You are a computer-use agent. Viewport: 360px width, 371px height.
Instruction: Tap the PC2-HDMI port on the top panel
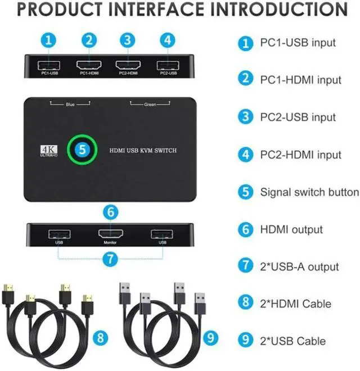tap(128, 64)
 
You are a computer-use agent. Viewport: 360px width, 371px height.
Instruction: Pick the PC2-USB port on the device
tap(166, 64)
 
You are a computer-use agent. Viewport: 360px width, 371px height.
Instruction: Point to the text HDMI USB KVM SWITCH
tap(143, 151)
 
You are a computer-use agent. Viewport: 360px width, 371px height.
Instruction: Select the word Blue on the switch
tap(70, 104)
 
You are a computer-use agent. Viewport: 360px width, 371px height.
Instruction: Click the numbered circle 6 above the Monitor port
tap(111, 212)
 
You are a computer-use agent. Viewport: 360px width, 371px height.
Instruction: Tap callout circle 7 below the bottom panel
tap(111, 259)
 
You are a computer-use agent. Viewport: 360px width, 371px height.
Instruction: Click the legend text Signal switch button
tap(309, 192)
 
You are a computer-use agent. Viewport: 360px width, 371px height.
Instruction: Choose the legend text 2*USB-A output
tap(299, 266)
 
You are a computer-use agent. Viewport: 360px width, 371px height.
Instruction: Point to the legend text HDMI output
tap(291, 229)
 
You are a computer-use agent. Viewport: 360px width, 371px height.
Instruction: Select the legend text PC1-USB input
tap(298, 42)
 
